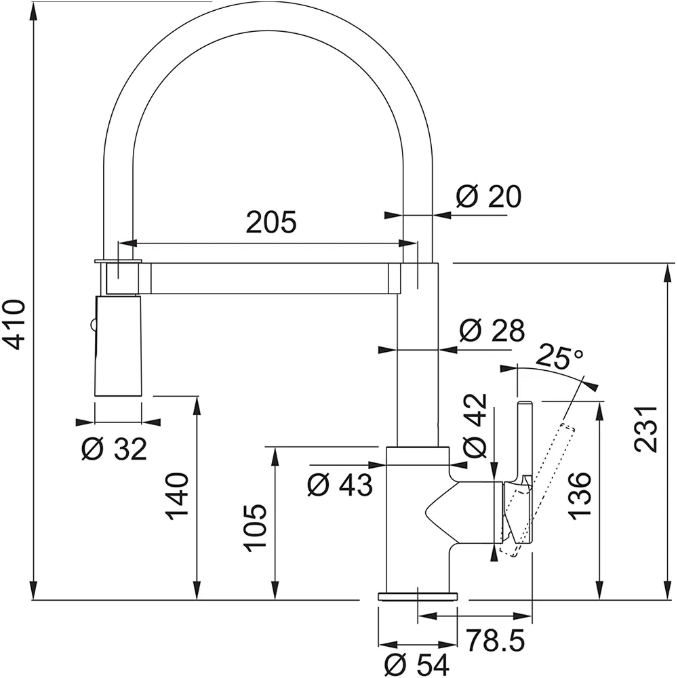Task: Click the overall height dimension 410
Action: coord(14,324)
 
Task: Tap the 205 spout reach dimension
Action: coord(272,222)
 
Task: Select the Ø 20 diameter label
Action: coord(489,197)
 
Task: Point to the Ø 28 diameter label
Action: coord(492,331)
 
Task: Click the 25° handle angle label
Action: coord(559,357)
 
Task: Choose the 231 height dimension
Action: coord(646,429)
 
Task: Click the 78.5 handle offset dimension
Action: coord(496,640)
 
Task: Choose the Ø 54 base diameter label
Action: coord(416,664)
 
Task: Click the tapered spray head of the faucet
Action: coord(117,346)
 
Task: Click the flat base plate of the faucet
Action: coord(418,596)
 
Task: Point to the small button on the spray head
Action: coord(92,323)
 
